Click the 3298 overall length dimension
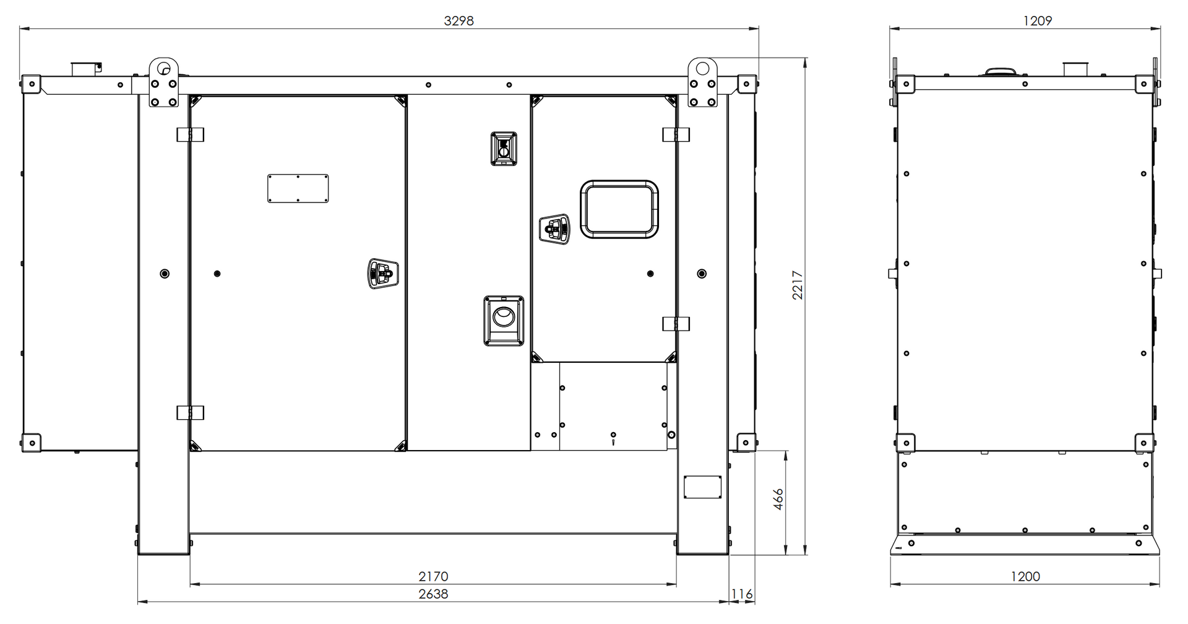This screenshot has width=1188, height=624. (x=458, y=21)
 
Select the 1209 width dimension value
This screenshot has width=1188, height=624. (x=1037, y=21)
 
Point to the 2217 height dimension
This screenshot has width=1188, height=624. (x=798, y=285)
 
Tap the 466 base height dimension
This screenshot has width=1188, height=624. (x=778, y=499)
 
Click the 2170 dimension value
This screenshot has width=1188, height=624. (x=433, y=576)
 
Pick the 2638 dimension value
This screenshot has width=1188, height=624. (x=433, y=594)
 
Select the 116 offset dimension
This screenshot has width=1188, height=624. (x=742, y=594)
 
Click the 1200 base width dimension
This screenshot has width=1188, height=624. (x=1025, y=576)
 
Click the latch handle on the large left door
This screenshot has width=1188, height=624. (x=383, y=273)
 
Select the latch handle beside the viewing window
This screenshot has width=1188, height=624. (x=554, y=229)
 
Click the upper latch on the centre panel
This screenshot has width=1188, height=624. (x=504, y=149)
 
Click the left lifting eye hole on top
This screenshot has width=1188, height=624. (x=163, y=67)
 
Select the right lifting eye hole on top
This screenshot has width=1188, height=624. (x=702, y=67)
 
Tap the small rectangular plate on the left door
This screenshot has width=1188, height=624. (x=298, y=188)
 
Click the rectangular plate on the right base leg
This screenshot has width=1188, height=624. (x=702, y=487)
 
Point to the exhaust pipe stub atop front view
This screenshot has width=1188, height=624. (x=86, y=69)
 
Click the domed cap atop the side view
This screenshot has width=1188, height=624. (x=999, y=72)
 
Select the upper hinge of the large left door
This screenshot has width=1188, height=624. (x=190, y=134)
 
